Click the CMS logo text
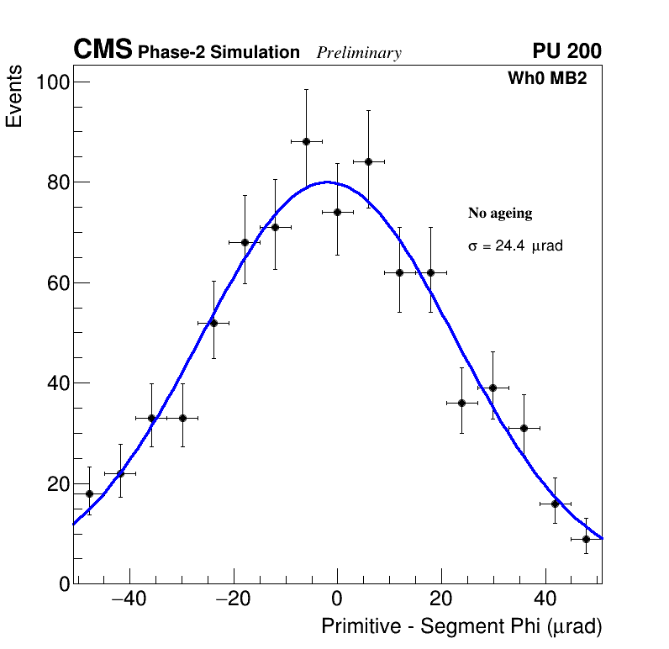click(x=103, y=50)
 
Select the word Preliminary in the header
click(x=359, y=53)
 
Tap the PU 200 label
click(x=566, y=51)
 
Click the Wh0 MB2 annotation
click(x=546, y=79)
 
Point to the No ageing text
click(x=500, y=214)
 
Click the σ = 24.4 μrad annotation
click(x=514, y=246)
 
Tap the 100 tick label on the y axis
click(x=51, y=82)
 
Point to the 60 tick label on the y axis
click(x=56, y=282)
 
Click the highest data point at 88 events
click(x=306, y=141)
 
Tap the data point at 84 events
click(x=368, y=161)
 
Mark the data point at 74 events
click(x=337, y=212)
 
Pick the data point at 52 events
click(x=213, y=323)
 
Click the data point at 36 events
click(x=461, y=403)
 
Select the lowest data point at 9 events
click(x=586, y=539)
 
